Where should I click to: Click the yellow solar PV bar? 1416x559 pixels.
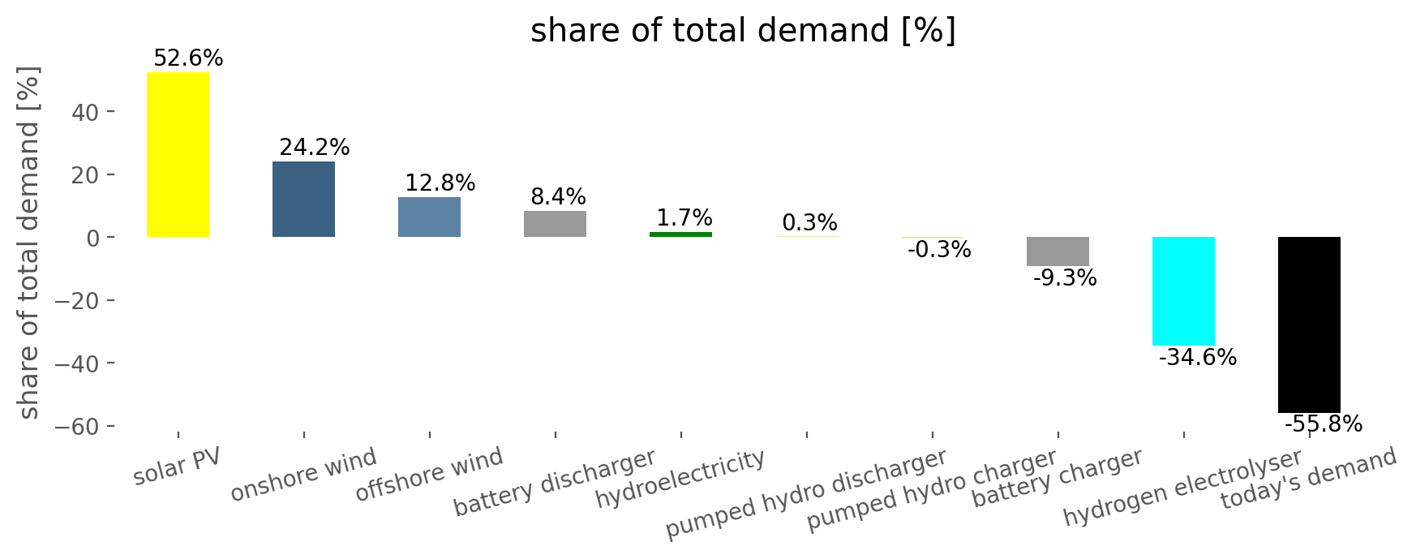(x=178, y=155)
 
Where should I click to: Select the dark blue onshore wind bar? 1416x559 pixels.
(x=303, y=200)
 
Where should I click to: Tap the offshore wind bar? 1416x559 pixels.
(x=429, y=217)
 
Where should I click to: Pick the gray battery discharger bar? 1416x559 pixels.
(x=555, y=224)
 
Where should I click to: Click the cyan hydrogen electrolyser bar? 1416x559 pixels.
(x=1183, y=291)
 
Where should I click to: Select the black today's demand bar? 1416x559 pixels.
(x=1309, y=325)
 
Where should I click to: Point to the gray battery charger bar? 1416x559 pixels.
(x=1058, y=252)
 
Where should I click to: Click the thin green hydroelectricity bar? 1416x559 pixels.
(x=680, y=234)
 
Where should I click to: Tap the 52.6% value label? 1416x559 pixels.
(x=188, y=58)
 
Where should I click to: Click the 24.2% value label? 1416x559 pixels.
(x=315, y=148)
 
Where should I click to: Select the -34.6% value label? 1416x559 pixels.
(x=1198, y=358)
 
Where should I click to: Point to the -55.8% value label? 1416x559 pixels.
(x=1324, y=424)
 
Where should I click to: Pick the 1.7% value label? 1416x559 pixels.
(x=684, y=218)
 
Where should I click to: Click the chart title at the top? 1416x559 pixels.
(x=744, y=32)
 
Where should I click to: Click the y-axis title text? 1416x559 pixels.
(x=29, y=243)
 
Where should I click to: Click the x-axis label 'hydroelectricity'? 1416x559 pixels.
(x=680, y=478)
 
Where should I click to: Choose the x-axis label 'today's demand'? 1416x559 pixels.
(x=1309, y=479)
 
